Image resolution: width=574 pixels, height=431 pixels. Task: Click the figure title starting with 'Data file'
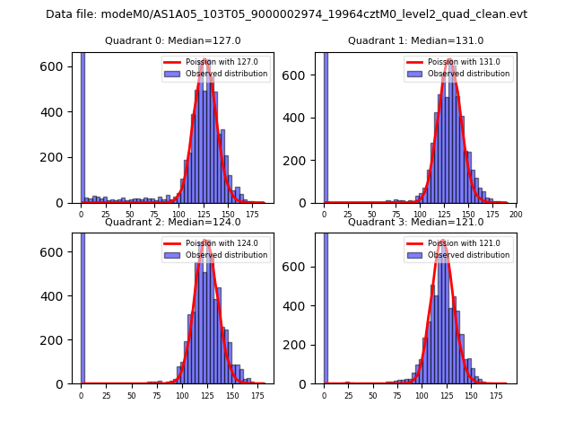coord(286,14)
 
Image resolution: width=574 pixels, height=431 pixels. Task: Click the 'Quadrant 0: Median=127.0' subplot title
coord(173,40)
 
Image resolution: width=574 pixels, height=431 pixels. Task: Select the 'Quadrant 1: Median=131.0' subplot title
coord(416,40)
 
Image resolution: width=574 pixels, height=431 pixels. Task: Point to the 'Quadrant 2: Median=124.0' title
coord(173,222)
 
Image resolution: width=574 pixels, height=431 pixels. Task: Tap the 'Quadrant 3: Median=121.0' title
coord(416,222)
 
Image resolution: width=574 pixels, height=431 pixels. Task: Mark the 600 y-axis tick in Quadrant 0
coord(56,66)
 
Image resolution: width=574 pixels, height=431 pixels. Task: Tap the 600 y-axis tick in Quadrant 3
coord(299,266)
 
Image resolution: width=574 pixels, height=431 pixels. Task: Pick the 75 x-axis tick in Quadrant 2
coord(157,395)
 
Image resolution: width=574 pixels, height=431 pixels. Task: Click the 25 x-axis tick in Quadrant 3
coord(348,395)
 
